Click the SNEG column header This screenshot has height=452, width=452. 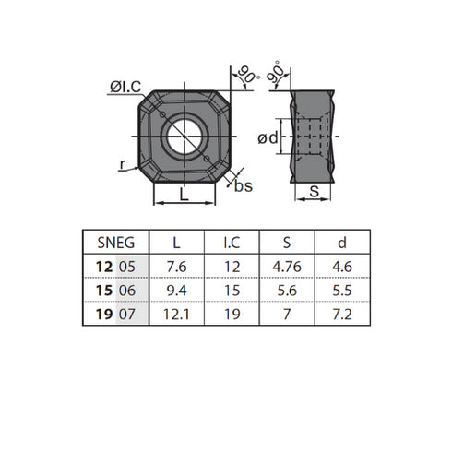point(115,243)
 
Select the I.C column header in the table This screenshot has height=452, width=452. point(232,243)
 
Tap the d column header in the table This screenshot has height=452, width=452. point(342,243)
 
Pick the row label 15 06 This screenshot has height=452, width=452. point(115,291)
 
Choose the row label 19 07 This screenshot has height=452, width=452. point(115,315)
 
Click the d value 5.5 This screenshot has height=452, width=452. point(342,291)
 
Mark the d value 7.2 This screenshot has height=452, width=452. point(342,315)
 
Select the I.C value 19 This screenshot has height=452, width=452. point(232,315)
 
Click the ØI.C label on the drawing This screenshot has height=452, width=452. point(125,87)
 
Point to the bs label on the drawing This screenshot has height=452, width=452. point(244,185)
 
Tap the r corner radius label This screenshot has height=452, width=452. point(124,165)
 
